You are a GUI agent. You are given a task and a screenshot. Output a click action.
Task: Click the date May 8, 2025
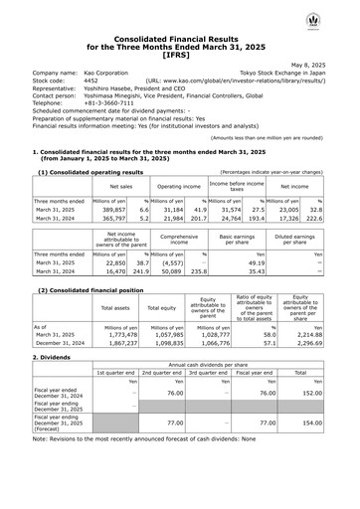tap(324, 63)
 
